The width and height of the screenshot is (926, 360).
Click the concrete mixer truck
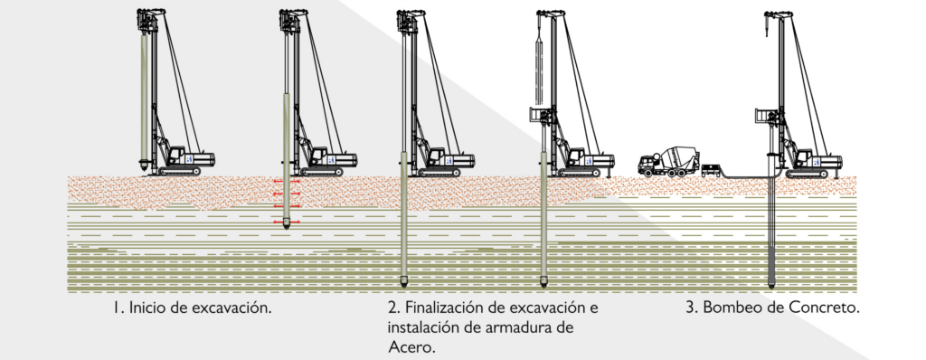668,161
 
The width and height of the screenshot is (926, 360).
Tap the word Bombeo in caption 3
728,308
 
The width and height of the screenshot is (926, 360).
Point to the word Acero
412,347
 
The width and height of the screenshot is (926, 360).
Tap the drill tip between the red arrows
287,224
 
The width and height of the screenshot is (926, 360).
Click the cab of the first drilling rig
176,156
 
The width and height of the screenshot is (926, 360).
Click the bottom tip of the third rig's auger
404,284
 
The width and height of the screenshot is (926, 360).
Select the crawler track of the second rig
322,172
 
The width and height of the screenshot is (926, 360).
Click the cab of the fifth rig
804,156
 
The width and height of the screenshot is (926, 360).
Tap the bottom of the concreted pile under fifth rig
771,285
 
